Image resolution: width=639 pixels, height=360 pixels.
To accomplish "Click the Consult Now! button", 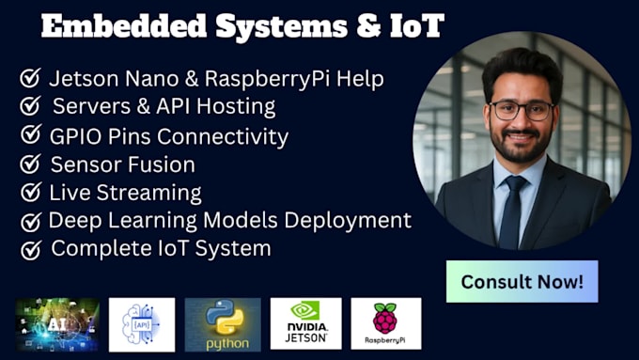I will [522, 281].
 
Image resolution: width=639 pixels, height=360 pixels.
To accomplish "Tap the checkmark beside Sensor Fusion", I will [30, 164].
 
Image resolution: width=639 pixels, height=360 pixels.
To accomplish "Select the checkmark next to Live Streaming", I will [30, 194].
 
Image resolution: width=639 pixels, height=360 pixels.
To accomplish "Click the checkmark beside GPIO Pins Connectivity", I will [30, 136].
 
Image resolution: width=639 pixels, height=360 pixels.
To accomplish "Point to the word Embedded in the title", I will [104, 27].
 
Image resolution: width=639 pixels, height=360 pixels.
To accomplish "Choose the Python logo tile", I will [222, 324].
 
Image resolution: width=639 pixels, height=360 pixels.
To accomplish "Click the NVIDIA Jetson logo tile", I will [305, 323].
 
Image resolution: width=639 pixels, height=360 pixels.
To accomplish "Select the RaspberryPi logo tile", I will [385, 323].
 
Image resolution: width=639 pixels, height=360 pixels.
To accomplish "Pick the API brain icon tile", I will [142, 324].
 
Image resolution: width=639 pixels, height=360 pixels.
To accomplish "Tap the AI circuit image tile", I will [57, 324].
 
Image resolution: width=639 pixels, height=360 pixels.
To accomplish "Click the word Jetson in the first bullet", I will [79, 77].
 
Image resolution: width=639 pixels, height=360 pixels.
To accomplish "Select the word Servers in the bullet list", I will [87, 106].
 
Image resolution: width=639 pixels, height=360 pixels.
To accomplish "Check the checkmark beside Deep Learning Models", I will [32, 222].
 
